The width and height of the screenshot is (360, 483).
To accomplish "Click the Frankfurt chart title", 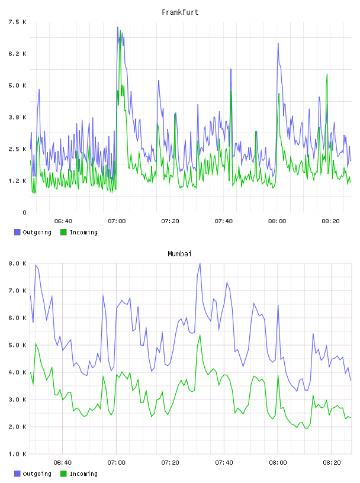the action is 180,12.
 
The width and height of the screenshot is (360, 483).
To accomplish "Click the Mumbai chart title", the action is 179,254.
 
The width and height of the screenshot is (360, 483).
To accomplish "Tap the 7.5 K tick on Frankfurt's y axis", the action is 17,22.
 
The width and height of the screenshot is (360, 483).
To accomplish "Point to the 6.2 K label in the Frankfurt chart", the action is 17,54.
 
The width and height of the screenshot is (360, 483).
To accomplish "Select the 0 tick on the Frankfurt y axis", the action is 24,212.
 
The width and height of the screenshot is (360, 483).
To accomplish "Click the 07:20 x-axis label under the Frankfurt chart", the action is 170,221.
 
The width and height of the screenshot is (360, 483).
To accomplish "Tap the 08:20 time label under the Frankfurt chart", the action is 330,221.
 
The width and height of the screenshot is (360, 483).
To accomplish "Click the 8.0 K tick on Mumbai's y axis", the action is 17,263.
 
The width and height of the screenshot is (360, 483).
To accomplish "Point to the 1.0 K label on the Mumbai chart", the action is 17,454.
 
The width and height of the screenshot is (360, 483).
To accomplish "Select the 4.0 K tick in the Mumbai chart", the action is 17,372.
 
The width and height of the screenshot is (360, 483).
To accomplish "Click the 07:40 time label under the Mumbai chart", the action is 224,463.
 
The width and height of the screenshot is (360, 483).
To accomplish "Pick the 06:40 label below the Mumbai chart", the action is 63,463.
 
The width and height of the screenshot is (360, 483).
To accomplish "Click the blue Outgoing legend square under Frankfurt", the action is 17,232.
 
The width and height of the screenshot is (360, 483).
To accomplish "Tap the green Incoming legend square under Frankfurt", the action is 63,232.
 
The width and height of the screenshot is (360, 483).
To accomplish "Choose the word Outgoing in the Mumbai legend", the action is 37,474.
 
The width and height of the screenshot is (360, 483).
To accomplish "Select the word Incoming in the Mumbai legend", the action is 83,474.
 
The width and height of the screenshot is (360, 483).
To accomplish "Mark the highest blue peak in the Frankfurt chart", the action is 118,27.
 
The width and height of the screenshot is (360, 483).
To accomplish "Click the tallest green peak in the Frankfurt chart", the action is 120,31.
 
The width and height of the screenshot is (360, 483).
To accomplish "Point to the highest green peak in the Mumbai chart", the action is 200,335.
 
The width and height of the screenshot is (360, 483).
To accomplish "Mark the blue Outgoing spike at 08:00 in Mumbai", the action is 278,305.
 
